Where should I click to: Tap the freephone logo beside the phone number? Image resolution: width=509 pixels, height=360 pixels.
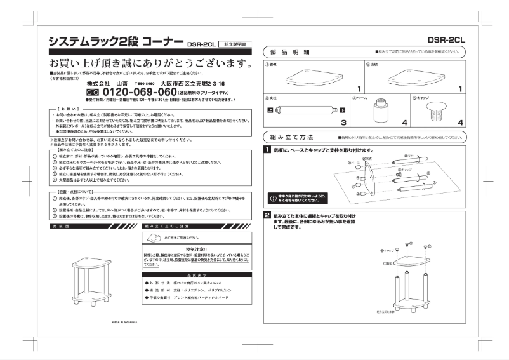coord(94,93)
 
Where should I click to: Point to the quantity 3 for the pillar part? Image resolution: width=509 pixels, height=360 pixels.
coord(360,122)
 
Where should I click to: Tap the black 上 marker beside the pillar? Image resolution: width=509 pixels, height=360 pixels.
coord(271,110)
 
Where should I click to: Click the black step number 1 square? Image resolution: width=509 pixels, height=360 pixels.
coord(268,150)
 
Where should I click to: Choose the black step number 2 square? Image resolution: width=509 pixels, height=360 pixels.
coord(268,216)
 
